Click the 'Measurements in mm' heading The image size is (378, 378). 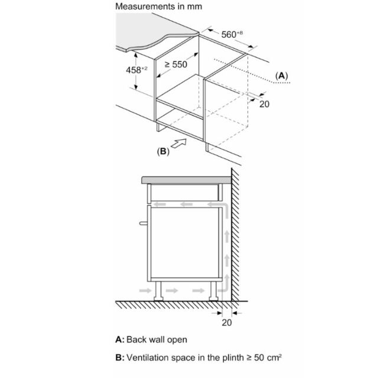point(158,6)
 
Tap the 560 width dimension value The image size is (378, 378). point(232,34)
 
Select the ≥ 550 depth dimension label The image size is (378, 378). point(176,64)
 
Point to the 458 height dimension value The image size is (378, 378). point(136,70)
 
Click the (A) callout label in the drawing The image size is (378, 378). point(282,76)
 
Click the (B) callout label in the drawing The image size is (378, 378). point(163,151)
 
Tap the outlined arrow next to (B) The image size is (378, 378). point(178,143)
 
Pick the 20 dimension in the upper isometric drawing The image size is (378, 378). point(264,104)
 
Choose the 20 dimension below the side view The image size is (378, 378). point(227,322)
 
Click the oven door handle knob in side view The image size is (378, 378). point(144,223)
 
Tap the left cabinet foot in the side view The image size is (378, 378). point(158,291)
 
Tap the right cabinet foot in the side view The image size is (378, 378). point(214,291)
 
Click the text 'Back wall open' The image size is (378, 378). point(157,340)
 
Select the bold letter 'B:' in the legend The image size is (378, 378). point(120,357)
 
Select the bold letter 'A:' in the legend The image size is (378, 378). point(120,340)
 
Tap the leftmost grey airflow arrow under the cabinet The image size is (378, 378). point(145,290)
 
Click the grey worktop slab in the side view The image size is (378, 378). point(186,180)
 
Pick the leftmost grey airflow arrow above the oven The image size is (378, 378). point(160,205)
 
